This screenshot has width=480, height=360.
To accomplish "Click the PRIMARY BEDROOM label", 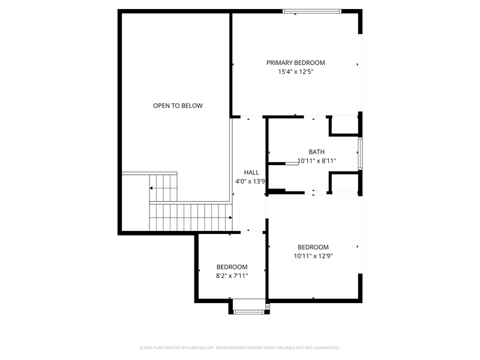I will (296, 62).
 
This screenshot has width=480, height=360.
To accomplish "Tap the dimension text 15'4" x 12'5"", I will (296, 71).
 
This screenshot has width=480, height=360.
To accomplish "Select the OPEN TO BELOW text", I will (178, 106).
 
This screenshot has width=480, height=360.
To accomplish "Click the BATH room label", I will (316, 152).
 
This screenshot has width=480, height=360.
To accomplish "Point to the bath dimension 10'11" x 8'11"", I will (316, 161).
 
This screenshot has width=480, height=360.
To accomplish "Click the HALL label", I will (251, 172).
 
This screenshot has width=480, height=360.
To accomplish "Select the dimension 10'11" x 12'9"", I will (313, 256).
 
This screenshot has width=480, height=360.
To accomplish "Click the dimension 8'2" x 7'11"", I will (232, 275).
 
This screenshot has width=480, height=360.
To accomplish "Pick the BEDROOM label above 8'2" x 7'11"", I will (232, 267).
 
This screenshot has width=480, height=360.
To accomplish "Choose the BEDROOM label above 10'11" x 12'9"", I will (313, 247).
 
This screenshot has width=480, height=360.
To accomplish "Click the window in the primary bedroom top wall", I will (312, 11).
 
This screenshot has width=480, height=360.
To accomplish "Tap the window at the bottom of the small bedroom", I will (247, 311).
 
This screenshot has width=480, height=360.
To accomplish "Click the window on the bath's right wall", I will (360, 154).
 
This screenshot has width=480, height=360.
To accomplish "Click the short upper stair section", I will (164, 187).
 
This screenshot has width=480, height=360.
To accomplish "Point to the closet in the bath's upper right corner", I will (344, 125).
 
